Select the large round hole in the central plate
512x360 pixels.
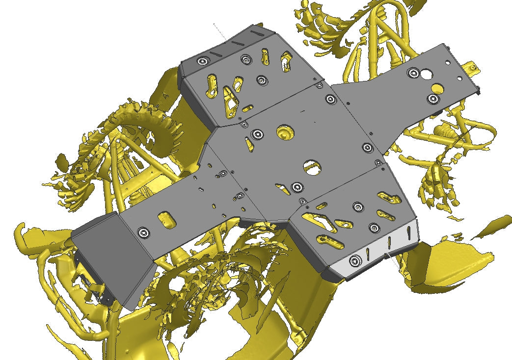click(x=312, y=167)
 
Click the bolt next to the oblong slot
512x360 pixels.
click(x=143, y=232)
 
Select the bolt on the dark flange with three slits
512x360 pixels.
click(x=202, y=61)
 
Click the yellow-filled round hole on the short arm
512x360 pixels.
click(x=435, y=89)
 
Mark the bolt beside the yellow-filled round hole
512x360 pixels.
click(x=432, y=99)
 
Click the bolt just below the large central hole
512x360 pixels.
click(x=296, y=186)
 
